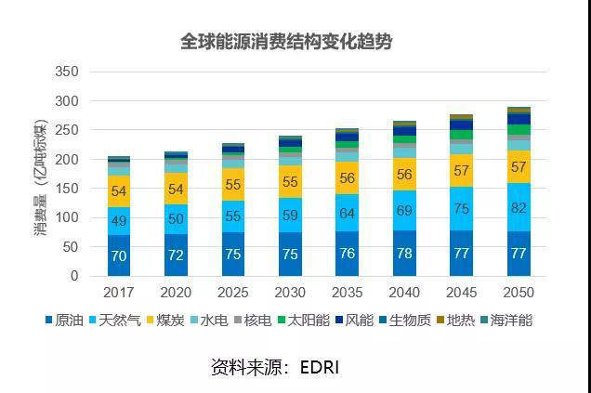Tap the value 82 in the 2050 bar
tap(519, 209)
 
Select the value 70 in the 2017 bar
tap(119, 255)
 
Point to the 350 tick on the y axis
tap(67, 72)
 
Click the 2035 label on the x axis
tap(348, 292)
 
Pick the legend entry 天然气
tap(121, 321)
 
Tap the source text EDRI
tap(320, 367)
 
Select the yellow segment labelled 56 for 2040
tap(404, 174)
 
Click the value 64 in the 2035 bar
tap(347, 214)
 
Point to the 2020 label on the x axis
tap(176, 292)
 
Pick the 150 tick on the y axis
tap(67, 189)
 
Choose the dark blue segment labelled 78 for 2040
tap(404, 254)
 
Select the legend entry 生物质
tap(405, 321)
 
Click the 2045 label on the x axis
tap(462, 292)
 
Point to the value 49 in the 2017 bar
tap(119, 221)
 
